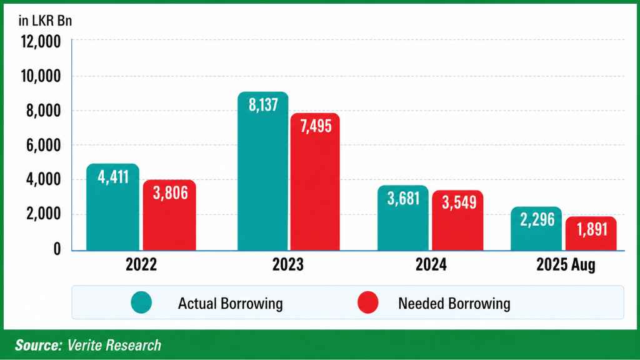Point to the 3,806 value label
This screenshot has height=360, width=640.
pos(169,193)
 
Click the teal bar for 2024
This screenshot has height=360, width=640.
pos(403,225)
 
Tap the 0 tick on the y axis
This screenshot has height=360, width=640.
pos(57,249)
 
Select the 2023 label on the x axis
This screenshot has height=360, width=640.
pos(287,265)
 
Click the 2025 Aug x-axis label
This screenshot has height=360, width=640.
pos(566,265)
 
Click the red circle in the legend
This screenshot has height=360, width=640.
pos(369,303)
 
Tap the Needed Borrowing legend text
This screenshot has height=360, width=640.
pos(454,304)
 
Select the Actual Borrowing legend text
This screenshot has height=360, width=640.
pos(230,304)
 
